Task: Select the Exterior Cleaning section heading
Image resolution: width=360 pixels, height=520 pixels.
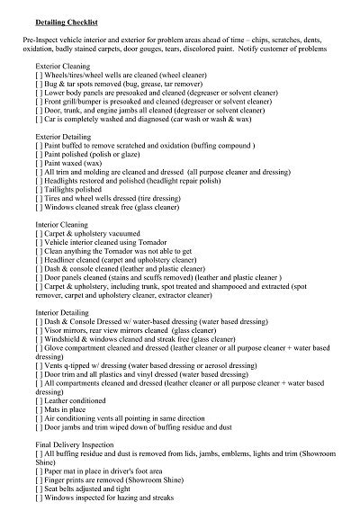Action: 66,66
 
